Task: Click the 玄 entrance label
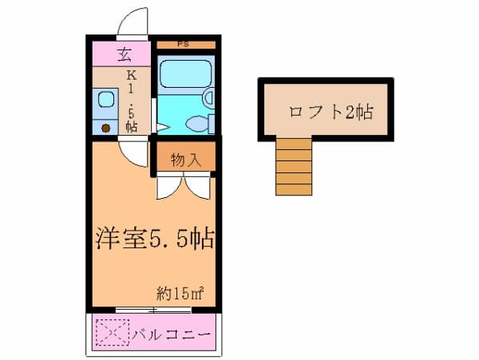pos(124,55)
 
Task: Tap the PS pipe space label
pos(184,45)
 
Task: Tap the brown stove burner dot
pos(105,127)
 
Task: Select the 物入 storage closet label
pos(184,159)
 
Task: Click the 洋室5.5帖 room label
pos(152,238)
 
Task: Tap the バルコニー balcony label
pos(171,331)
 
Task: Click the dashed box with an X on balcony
pos(111,331)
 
